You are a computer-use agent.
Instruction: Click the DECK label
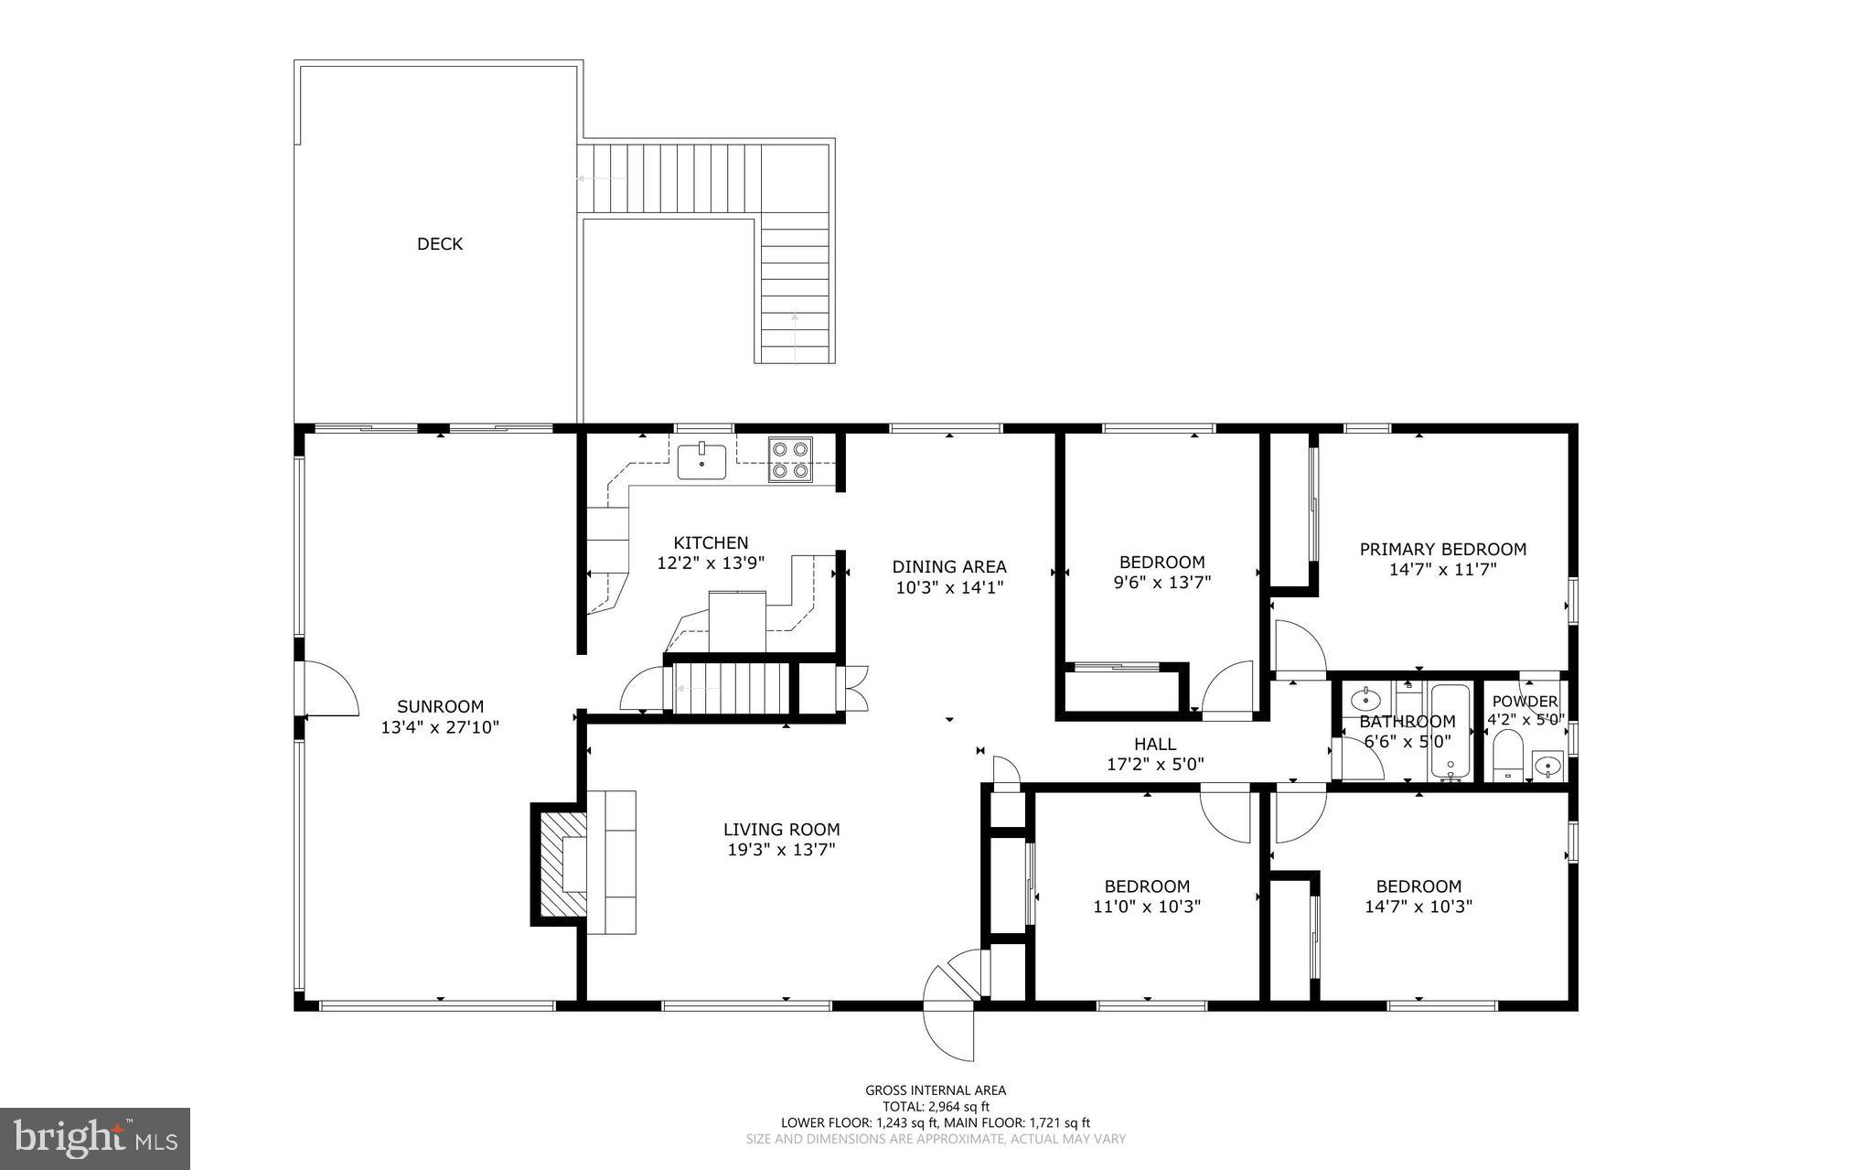click(x=440, y=243)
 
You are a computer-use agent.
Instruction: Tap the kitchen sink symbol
click(x=701, y=461)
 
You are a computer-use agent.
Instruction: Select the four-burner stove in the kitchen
click(x=789, y=460)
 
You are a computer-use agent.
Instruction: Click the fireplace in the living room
click(x=561, y=864)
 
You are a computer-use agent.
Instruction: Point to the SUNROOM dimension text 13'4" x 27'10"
click(x=440, y=728)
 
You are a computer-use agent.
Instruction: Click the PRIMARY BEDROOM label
click(x=1442, y=549)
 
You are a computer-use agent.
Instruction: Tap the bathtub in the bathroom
click(x=1450, y=732)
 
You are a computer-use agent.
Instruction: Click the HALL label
click(x=1155, y=744)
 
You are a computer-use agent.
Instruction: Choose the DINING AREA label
click(x=949, y=567)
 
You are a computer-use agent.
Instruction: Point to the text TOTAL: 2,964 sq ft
click(x=935, y=1106)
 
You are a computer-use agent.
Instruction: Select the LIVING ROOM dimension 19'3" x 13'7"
click(x=781, y=850)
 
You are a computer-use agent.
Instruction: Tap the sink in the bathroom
click(x=1365, y=701)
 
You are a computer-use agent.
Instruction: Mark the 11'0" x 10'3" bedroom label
click(x=1147, y=886)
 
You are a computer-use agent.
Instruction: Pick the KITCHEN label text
click(x=711, y=542)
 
